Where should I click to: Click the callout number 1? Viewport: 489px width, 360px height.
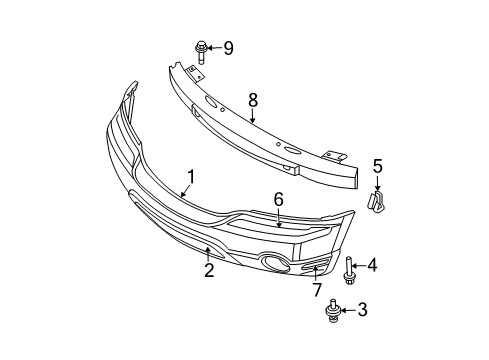tap(190, 176)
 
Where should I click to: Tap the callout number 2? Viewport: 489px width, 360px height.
tap(209, 270)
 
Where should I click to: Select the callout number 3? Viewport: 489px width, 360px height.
tap(362, 311)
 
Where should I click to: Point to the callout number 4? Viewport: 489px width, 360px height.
tap(372, 265)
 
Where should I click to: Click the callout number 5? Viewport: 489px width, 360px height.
tap(378, 166)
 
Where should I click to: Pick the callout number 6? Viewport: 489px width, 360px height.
tap(279, 201)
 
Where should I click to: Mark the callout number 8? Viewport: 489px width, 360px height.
tap(253, 99)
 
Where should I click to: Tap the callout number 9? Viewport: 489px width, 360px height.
tap(228, 47)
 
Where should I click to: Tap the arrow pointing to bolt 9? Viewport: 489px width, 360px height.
tap(214, 47)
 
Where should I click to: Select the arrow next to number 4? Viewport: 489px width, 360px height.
tap(359, 265)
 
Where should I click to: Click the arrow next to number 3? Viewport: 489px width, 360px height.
tap(348, 312)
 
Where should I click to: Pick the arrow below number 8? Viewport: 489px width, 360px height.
tap(252, 115)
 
